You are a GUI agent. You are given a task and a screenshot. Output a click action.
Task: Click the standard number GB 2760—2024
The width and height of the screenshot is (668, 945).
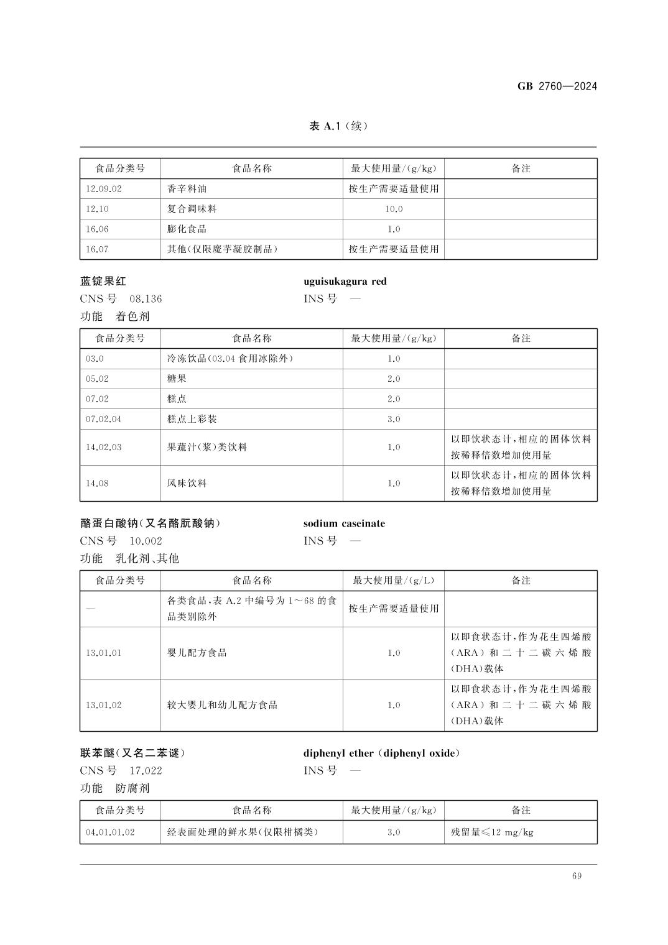pos(557,86)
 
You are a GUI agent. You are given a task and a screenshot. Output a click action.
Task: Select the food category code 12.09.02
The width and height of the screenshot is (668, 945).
pos(104,189)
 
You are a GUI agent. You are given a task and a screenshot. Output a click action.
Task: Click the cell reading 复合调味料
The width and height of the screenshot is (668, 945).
pos(192,209)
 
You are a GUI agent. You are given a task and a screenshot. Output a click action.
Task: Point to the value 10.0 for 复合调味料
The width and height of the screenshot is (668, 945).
pos(393,209)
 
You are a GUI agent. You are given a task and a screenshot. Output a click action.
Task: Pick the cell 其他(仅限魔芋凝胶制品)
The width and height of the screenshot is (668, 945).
pos(222,249)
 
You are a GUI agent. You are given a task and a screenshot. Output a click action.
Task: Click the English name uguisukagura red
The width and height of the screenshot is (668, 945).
pos(345,282)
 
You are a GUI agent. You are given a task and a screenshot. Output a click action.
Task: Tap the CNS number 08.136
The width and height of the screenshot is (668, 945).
pos(145,299)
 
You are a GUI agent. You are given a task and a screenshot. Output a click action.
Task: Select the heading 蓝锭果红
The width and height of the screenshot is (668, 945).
pos(103,282)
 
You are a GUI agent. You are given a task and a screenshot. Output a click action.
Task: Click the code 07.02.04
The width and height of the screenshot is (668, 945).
pos(104,419)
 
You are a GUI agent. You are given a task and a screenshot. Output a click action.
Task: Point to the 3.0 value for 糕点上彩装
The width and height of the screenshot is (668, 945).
pos(393,419)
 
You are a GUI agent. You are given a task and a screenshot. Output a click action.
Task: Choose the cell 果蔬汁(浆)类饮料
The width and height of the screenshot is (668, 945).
pos(207,447)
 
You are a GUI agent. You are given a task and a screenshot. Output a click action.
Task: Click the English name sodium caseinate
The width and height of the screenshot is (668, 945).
pos(344,523)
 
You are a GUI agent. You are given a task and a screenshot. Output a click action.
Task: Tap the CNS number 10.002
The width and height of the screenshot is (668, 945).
pos(146,541)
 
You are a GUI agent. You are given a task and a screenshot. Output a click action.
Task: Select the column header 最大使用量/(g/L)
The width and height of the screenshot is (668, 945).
pos(393,581)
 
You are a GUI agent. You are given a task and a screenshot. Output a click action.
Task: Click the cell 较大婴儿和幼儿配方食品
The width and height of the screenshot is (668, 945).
pos(222,705)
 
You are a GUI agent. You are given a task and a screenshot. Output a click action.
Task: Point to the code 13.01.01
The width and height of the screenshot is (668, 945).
pos(104,653)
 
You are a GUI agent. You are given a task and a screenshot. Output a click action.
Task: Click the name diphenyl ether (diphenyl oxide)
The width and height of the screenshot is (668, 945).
pos(382,754)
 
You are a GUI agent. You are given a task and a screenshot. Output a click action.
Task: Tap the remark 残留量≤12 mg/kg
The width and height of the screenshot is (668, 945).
pos(492,832)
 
